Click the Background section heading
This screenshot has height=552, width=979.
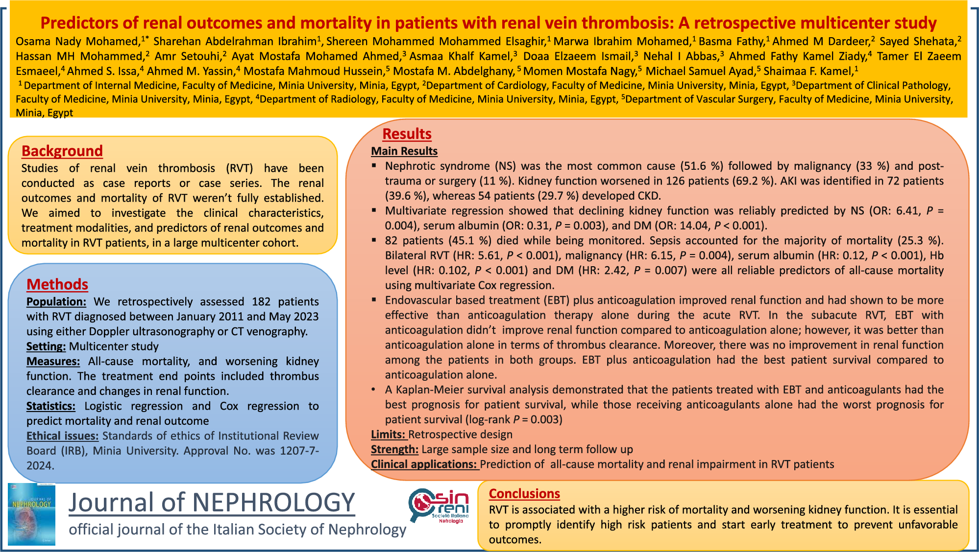[62, 151]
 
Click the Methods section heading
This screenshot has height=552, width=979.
[57, 284]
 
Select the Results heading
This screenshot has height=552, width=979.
[407, 134]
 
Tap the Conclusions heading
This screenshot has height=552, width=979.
[524, 494]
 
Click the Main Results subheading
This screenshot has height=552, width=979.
[404, 151]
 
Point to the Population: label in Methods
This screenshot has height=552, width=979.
[56, 302]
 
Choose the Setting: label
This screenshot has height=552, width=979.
[46, 346]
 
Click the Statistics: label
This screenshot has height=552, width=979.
[51, 406]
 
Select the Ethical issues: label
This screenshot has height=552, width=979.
[62, 436]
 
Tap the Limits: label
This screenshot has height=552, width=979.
[388, 435]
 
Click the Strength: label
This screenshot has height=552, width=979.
[394, 450]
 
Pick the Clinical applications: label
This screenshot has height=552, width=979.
[424, 464]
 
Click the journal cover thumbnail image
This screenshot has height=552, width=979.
[32, 515]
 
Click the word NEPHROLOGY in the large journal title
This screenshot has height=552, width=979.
[273, 503]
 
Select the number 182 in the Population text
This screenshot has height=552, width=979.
[261, 302]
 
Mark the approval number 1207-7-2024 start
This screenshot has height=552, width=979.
[299, 451]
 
